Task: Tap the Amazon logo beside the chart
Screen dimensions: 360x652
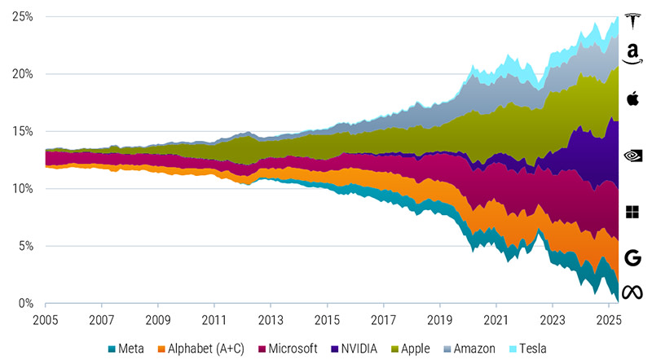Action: [x=632, y=55]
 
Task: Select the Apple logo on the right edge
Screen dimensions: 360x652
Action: [x=632, y=99]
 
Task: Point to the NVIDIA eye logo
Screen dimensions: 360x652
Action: [x=632, y=155]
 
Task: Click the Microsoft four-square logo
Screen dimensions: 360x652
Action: [x=632, y=213]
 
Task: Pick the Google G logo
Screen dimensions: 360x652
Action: [x=632, y=258]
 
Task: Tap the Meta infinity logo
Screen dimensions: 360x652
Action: [x=632, y=292]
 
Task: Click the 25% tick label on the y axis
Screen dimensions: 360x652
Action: [x=22, y=16]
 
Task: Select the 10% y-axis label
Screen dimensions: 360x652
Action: [x=22, y=189]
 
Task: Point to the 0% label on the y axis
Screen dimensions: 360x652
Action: [x=25, y=304]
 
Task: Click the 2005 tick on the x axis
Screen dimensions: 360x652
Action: [x=45, y=319]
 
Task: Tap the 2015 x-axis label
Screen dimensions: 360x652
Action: [x=327, y=319]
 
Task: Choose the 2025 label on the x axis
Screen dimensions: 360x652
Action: [x=609, y=319]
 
